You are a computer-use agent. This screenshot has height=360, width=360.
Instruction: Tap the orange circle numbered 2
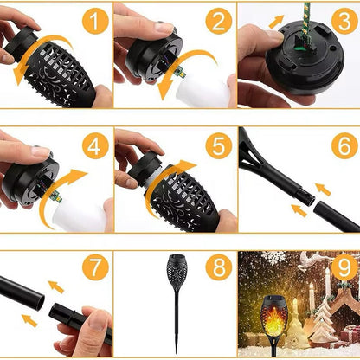pos(219,22)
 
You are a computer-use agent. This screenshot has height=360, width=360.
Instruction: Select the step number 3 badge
pos(344,22)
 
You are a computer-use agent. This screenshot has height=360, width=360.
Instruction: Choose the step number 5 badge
pos(219,145)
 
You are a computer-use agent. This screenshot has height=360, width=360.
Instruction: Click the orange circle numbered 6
pos(344,145)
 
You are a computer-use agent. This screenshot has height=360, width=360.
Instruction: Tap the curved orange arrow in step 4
pos(65,186)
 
